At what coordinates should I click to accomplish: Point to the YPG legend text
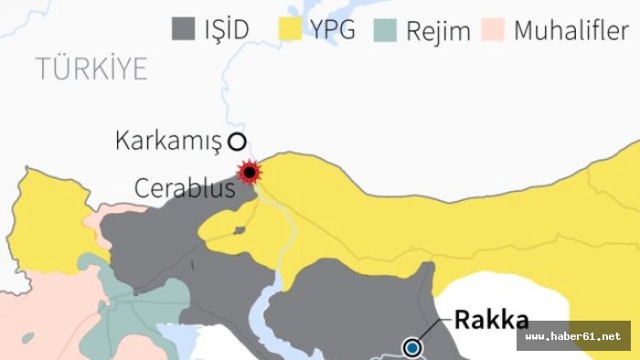point(335,29)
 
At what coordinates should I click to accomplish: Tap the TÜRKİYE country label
point(91,69)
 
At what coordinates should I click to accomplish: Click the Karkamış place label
point(169,141)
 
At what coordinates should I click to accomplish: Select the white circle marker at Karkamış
point(238,141)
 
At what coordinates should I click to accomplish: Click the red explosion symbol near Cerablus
point(249,172)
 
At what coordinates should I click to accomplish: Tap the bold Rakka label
point(492,320)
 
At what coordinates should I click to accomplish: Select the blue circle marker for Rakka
point(413,346)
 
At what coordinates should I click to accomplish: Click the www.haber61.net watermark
point(573,336)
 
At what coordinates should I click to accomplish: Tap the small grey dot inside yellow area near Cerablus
point(239,230)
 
